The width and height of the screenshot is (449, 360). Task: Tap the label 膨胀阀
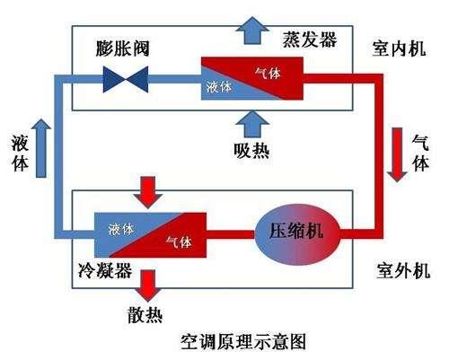tap(125, 47)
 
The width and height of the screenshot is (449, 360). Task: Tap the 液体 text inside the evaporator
tap(220, 87)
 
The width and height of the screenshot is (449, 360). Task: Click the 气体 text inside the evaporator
tap(268, 71)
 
